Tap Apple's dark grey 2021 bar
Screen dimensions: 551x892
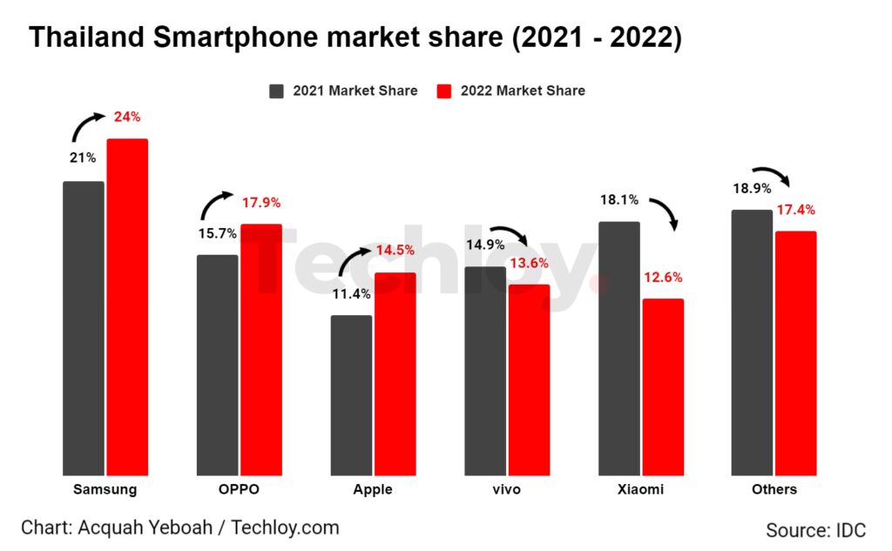click(x=351, y=395)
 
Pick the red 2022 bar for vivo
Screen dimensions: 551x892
click(x=530, y=380)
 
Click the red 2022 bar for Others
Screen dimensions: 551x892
click(x=796, y=353)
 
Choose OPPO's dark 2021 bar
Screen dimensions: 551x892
click(x=217, y=365)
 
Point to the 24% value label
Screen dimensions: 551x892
click(x=127, y=118)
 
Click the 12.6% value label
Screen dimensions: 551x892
click(x=664, y=279)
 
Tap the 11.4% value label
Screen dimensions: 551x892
click(x=351, y=294)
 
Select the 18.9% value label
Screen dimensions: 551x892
click(x=752, y=189)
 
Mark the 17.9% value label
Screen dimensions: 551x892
click(x=261, y=203)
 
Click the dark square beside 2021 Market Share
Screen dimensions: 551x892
click(x=278, y=91)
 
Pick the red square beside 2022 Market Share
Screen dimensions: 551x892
click(x=444, y=91)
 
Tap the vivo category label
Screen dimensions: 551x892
click(x=506, y=489)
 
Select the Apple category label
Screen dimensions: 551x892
click(x=373, y=489)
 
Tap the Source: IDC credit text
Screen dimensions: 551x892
click(x=815, y=530)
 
